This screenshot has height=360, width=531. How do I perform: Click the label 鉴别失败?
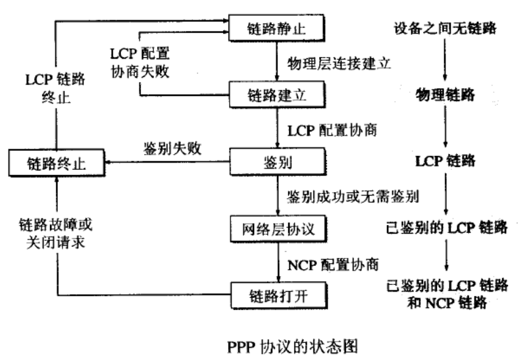click(x=169, y=149)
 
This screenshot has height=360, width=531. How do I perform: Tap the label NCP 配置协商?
click(x=334, y=264)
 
